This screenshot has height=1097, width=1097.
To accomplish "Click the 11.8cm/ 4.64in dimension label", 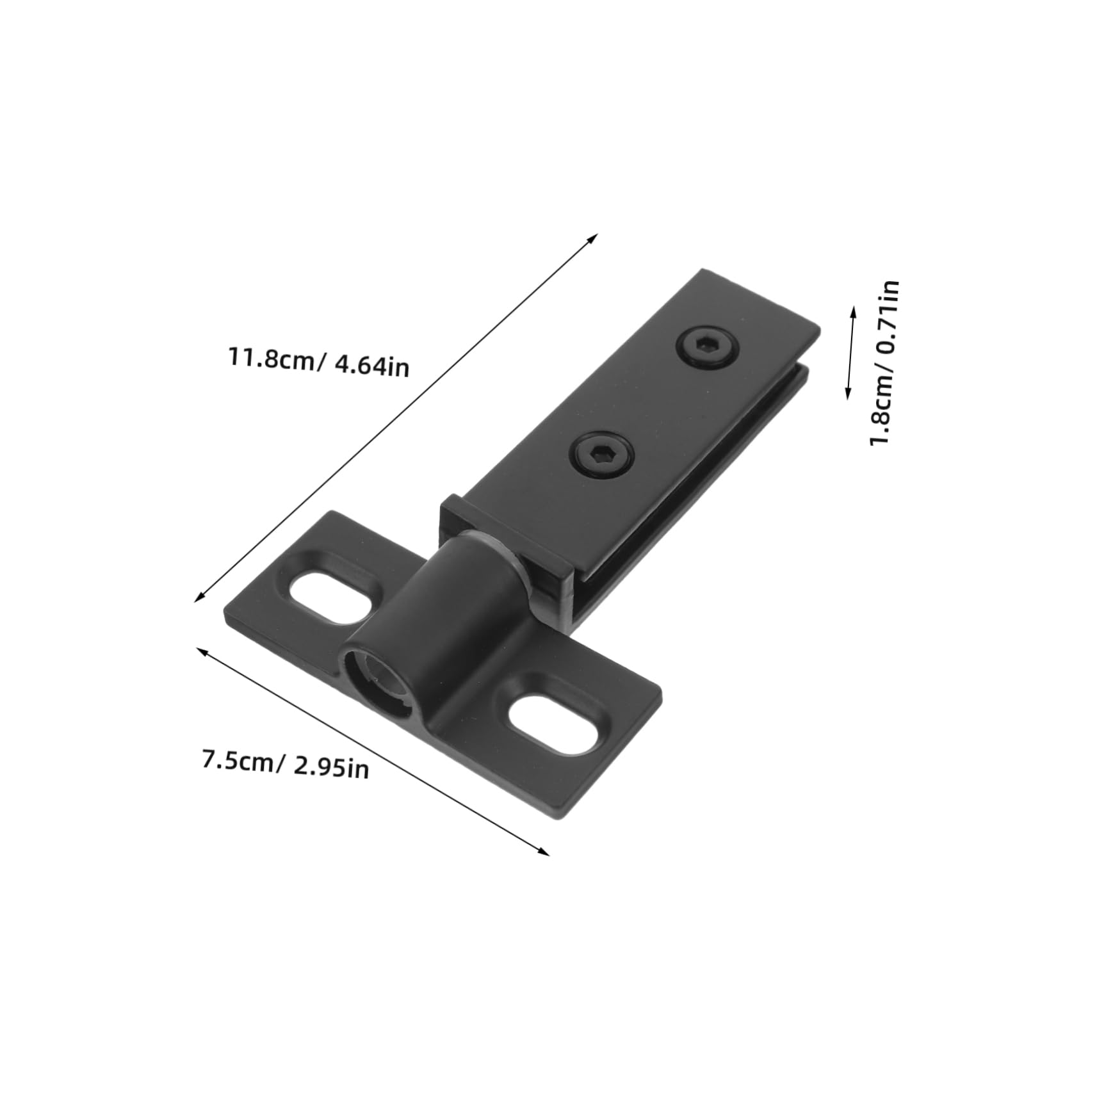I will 319,362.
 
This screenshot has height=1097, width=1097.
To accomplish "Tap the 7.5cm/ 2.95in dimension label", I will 286,765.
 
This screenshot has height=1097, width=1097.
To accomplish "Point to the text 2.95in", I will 332,767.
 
